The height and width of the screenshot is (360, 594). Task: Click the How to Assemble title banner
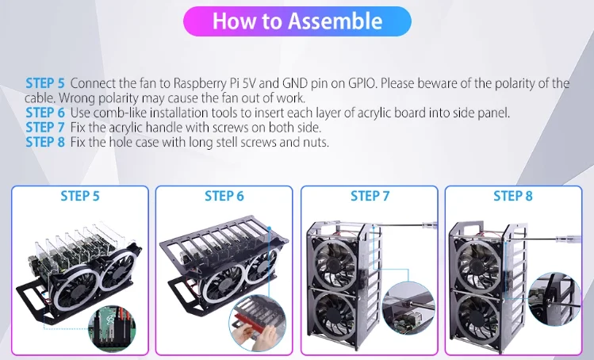297,21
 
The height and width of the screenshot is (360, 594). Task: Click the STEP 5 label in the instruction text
45,83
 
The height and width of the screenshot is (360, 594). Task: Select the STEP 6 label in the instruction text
45,113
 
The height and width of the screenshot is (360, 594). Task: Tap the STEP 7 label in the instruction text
45,128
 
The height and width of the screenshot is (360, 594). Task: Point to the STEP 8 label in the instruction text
45,142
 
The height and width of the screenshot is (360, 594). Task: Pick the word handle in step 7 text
162,128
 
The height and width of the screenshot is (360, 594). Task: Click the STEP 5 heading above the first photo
80,197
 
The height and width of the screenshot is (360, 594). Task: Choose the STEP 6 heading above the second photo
224,197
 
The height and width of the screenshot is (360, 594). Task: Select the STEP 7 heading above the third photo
370,197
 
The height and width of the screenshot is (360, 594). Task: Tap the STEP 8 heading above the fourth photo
513,197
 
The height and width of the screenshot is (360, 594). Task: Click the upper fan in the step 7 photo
335,261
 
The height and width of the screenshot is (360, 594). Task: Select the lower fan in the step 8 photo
478,317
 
